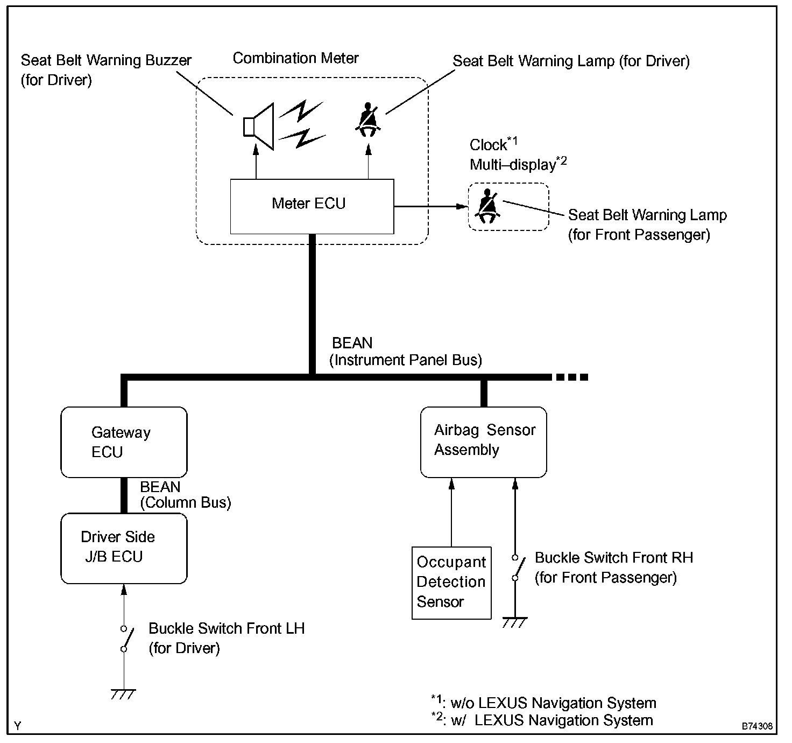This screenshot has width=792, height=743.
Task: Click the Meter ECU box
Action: pos(312,206)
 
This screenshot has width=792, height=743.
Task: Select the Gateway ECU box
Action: pos(124,442)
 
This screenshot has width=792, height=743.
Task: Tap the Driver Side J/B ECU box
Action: pos(124,548)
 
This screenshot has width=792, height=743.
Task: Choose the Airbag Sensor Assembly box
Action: pos(483,442)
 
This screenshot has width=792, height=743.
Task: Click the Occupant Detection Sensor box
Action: pos(451,583)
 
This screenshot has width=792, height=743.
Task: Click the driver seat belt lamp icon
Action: pos(368,120)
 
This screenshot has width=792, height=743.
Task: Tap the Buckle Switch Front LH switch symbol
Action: pos(127,639)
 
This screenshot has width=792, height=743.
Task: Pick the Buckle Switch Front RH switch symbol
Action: pos(519,567)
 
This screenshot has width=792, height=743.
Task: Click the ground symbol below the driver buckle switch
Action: pos(123,695)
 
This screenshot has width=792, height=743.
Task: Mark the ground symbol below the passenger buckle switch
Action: pos(515,622)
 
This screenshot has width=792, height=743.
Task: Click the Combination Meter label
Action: pos(295,58)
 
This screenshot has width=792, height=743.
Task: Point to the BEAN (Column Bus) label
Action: pos(186,495)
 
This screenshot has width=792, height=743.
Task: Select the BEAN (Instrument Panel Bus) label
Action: pos(406,352)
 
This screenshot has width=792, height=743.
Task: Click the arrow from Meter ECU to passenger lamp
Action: pos(430,206)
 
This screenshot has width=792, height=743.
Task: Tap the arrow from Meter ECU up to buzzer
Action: pos(256,162)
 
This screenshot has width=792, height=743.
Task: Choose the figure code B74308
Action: pos(757,726)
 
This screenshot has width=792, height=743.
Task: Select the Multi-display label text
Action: pos(513,165)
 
